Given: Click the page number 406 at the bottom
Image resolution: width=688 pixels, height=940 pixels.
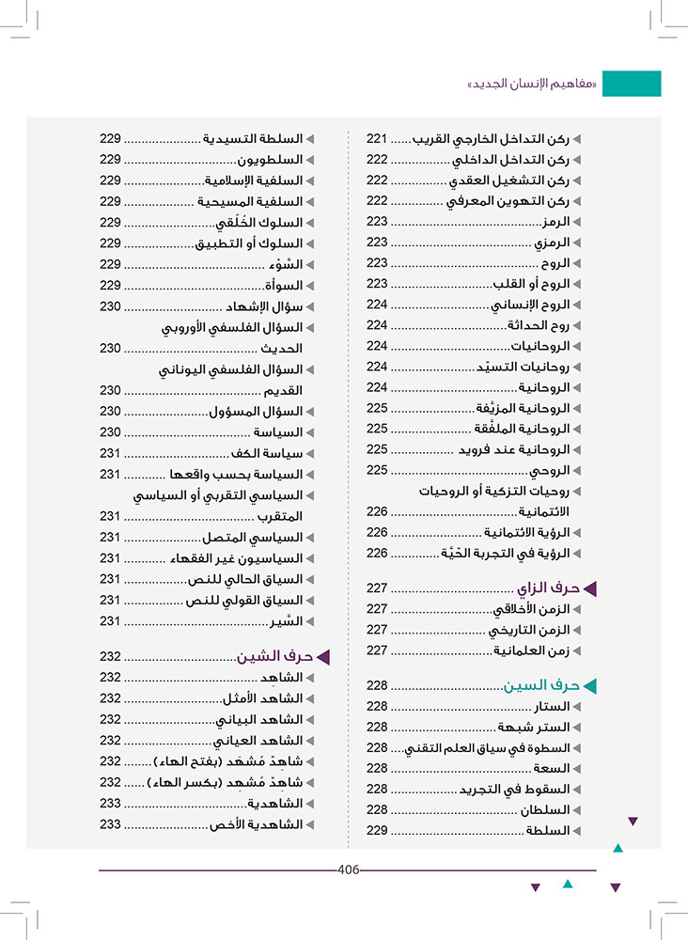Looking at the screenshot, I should pyautogui.click(x=348, y=869).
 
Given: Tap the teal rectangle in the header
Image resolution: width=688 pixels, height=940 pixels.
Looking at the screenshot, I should pyautogui.click(x=631, y=84).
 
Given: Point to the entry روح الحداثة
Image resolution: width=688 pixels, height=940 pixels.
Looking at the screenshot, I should pyautogui.click(x=539, y=325).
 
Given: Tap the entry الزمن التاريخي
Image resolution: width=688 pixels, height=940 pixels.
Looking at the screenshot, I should pyautogui.click(x=529, y=630).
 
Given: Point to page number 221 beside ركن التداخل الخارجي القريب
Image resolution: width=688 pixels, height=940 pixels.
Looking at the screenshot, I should pyautogui.click(x=377, y=138).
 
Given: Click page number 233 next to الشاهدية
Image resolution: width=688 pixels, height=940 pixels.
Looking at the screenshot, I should pyautogui.click(x=111, y=804).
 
